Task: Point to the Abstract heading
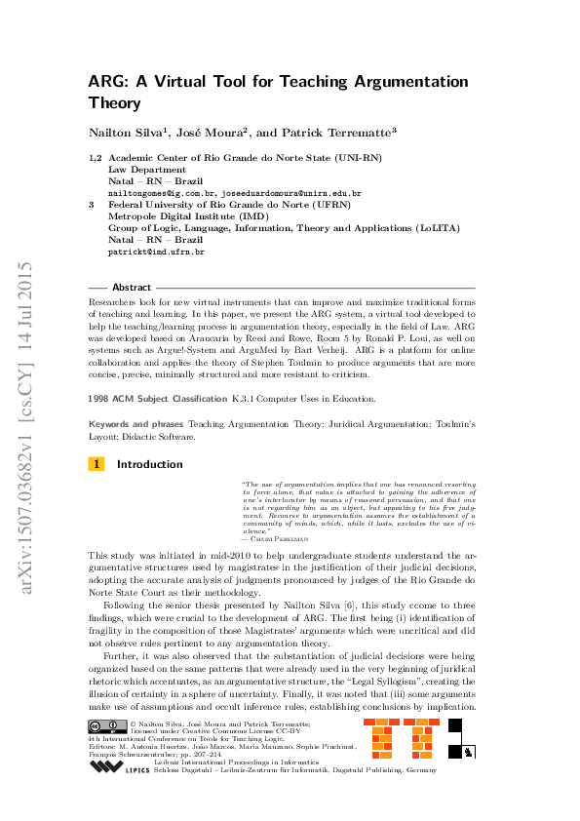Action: pos(132,288)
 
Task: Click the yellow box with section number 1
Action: pos(96,464)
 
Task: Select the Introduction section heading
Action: pos(149,464)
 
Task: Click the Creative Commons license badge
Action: pos(106,725)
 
